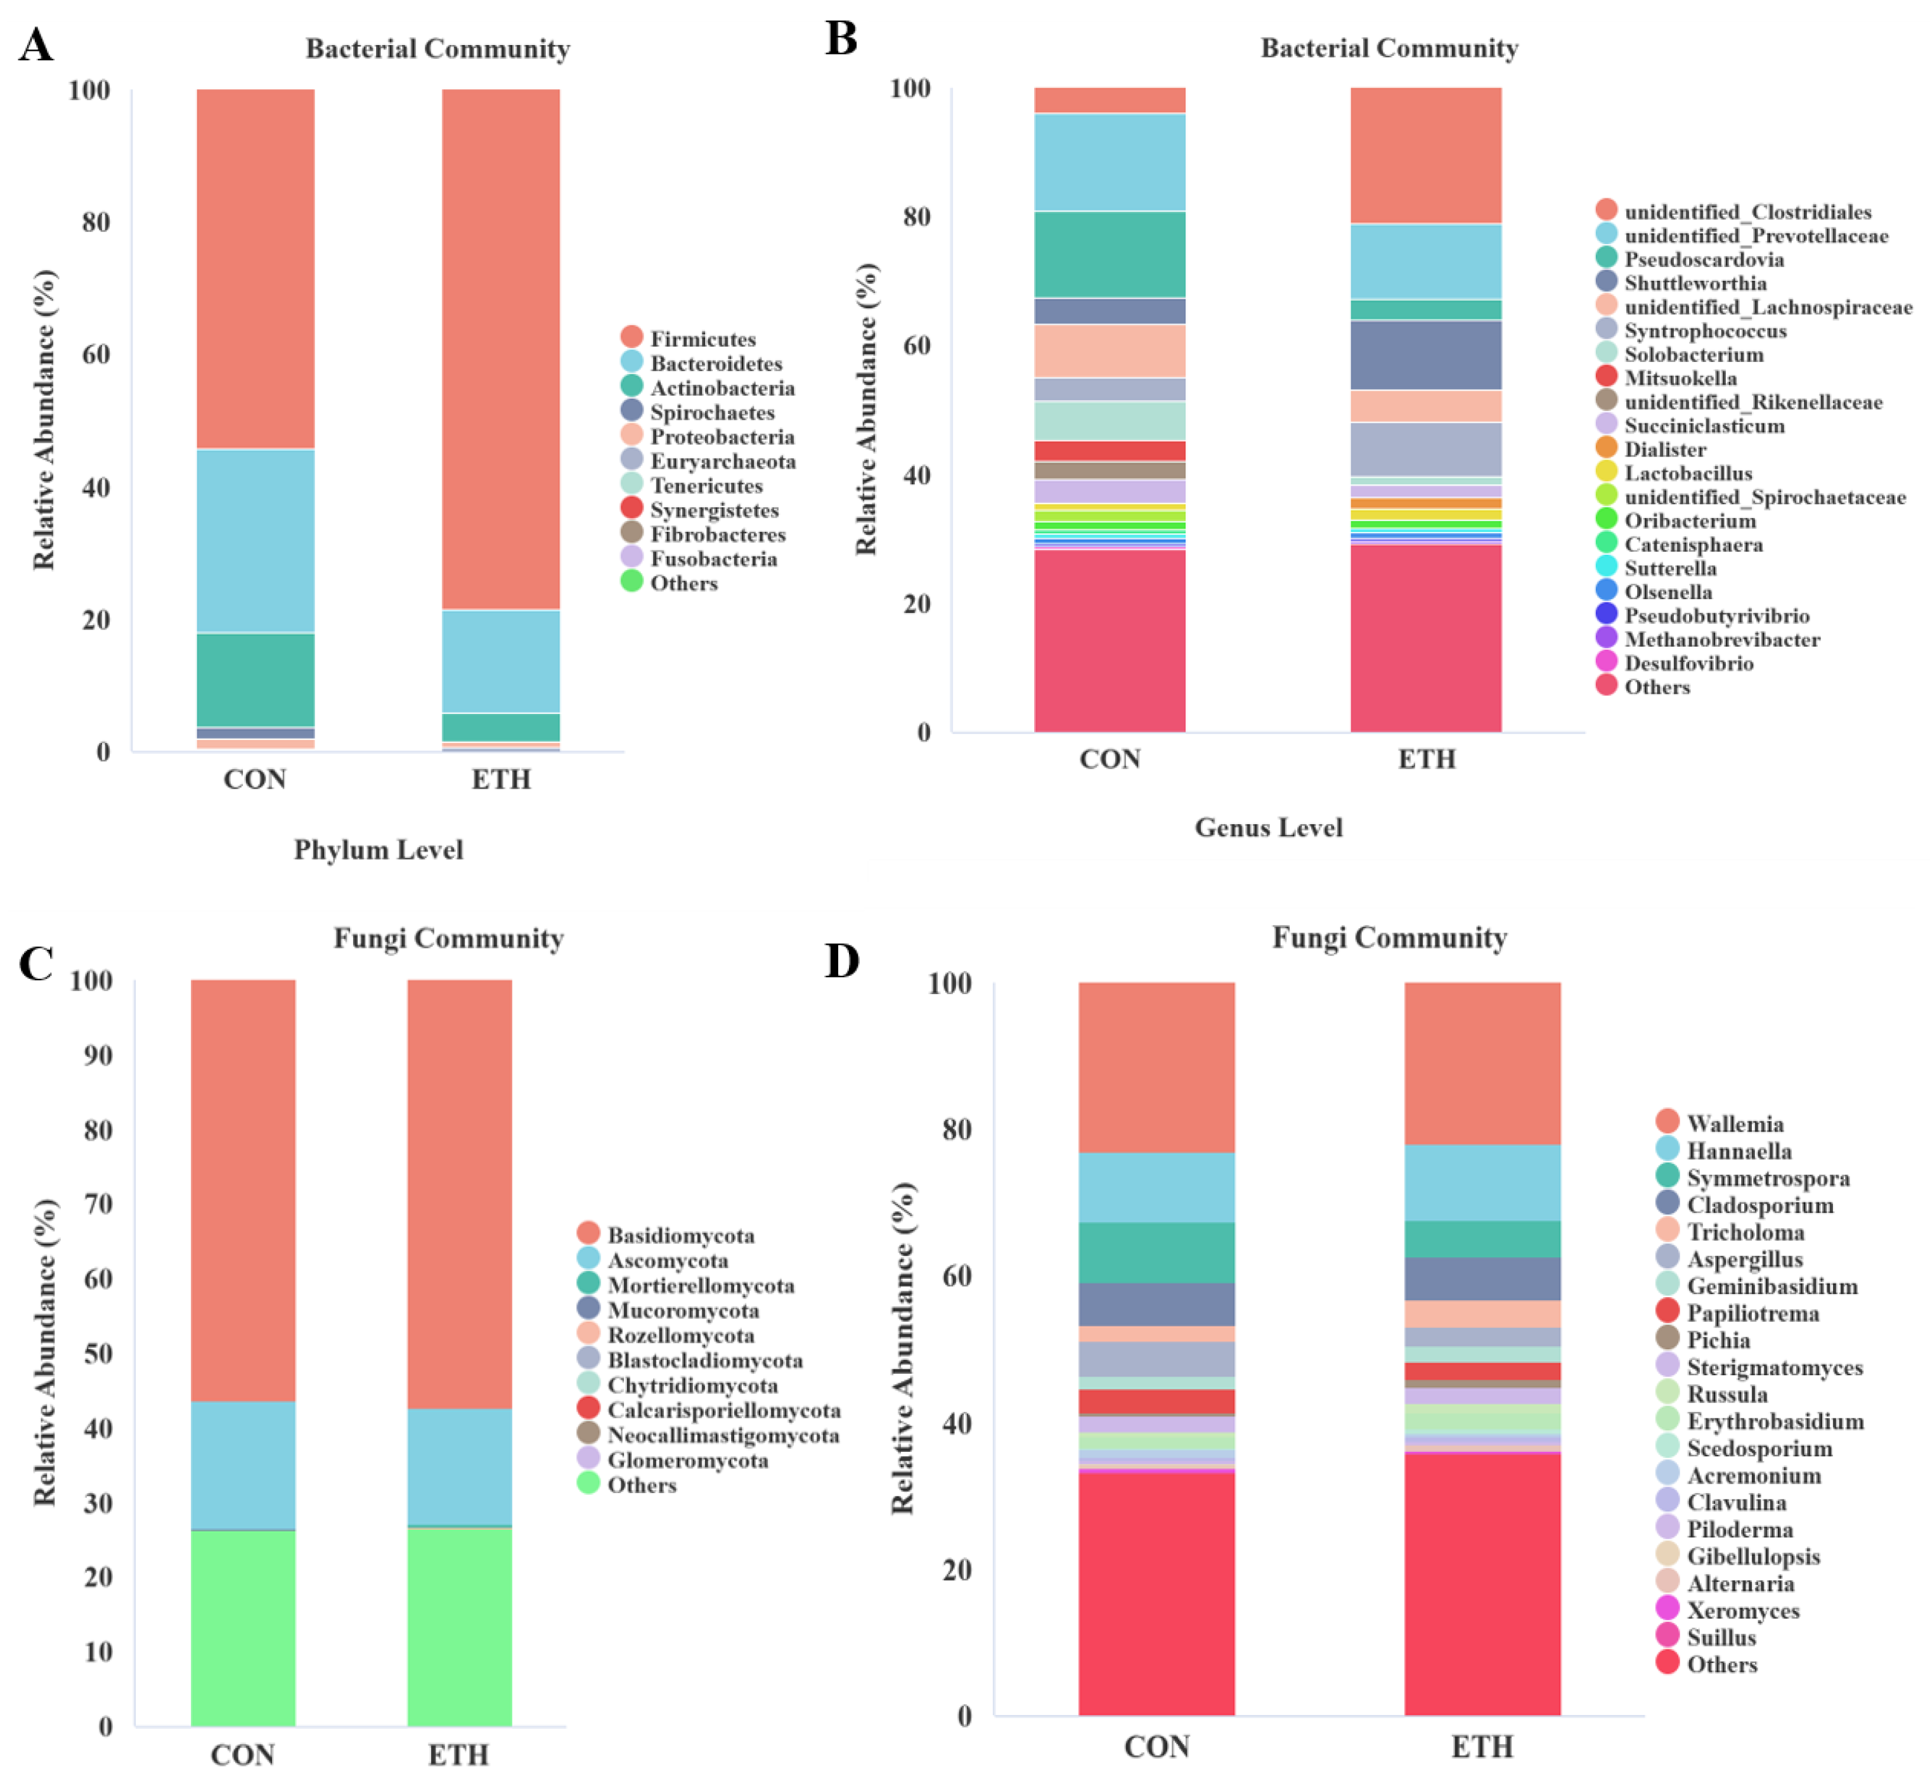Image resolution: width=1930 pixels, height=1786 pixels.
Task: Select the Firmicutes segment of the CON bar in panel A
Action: click(255, 269)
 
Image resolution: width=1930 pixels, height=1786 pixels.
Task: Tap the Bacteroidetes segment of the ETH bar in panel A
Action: click(501, 661)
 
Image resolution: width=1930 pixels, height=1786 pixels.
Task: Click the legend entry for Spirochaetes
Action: click(711, 413)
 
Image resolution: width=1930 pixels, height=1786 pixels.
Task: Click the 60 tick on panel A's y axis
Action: click(96, 354)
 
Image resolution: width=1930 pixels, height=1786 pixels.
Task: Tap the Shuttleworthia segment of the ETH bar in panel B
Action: click(1425, 354)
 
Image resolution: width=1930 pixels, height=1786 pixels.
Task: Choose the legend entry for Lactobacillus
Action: click(1687, 472)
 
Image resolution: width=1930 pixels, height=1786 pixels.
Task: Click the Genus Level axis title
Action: click(1268, 827)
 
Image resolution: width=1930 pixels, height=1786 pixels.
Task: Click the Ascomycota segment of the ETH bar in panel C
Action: click(459, 1466)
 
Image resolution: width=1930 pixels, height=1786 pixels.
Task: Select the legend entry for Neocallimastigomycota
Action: click(722, 1435)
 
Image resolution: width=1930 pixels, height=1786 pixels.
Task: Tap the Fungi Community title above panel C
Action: click(448, 938)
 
